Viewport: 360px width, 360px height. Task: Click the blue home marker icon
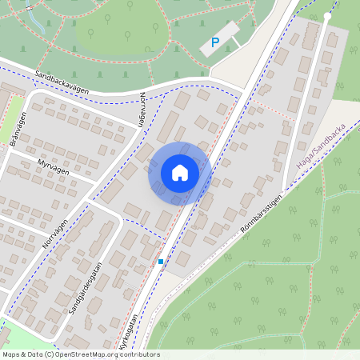[x=180, y=173]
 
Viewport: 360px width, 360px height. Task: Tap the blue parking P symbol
[x=214, y=42]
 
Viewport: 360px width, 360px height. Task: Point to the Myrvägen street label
[x=54, y=166]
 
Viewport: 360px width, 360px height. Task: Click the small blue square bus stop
[x=161, y=262]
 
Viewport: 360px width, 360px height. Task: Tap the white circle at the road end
[x=328, y=16]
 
